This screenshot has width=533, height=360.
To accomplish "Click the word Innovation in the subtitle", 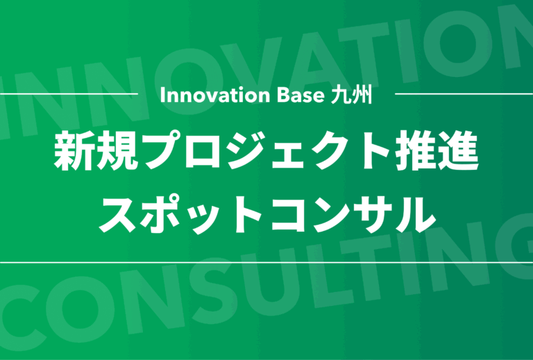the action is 215,96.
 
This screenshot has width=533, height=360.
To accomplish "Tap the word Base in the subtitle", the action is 301,96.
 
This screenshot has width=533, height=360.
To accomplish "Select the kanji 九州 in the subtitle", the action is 350,95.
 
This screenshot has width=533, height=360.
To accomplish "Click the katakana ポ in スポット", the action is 162,214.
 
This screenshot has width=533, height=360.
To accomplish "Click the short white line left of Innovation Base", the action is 69,94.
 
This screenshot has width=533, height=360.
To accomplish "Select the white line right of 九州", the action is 464,94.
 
